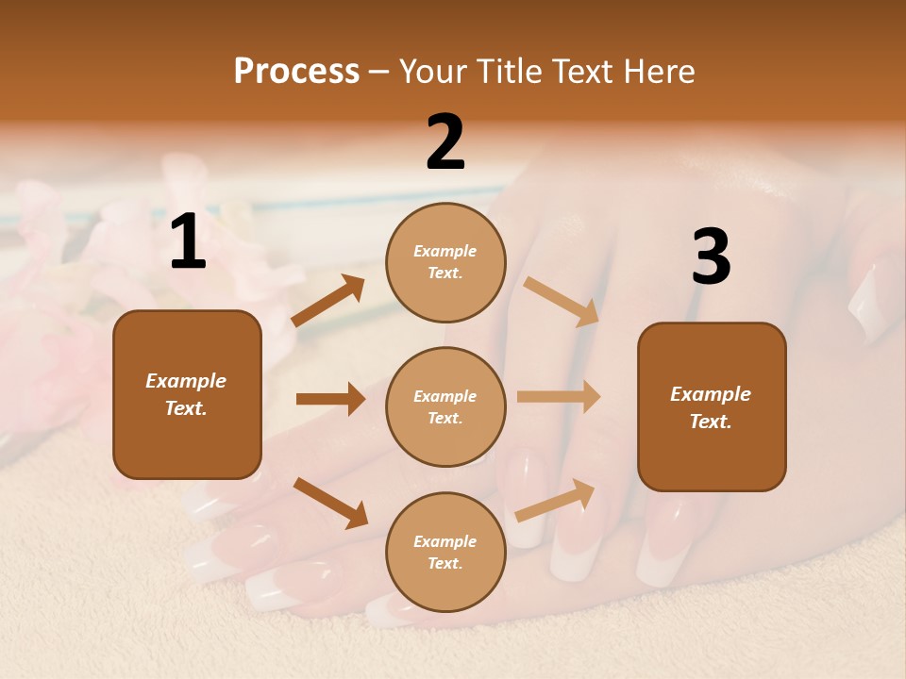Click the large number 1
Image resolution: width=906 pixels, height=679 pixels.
[x=188, y=242]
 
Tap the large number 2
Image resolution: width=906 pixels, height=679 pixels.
[x=445, y=143]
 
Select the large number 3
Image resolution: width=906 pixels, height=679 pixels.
[x=711, y=257]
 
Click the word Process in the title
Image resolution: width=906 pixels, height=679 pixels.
[x=296, y=71]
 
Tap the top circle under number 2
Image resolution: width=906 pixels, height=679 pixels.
[x=445, y=262]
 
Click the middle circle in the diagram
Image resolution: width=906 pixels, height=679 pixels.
[x=445, y=406]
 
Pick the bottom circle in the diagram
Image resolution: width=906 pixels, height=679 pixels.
[x=445, y=552]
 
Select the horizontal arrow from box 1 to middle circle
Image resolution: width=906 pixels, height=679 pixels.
[x=330, y=399]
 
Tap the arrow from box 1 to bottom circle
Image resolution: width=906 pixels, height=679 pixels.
[x=330, y=502]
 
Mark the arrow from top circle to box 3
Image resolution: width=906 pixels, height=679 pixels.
[x=561, y=301]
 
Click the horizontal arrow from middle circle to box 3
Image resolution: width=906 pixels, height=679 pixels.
[x=558, y=397]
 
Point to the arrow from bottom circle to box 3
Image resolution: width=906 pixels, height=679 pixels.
[x=555, y=500]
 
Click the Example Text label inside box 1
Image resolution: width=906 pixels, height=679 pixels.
[x=187, y=394]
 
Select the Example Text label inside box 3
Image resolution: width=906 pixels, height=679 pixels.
[x=711, y=407]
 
